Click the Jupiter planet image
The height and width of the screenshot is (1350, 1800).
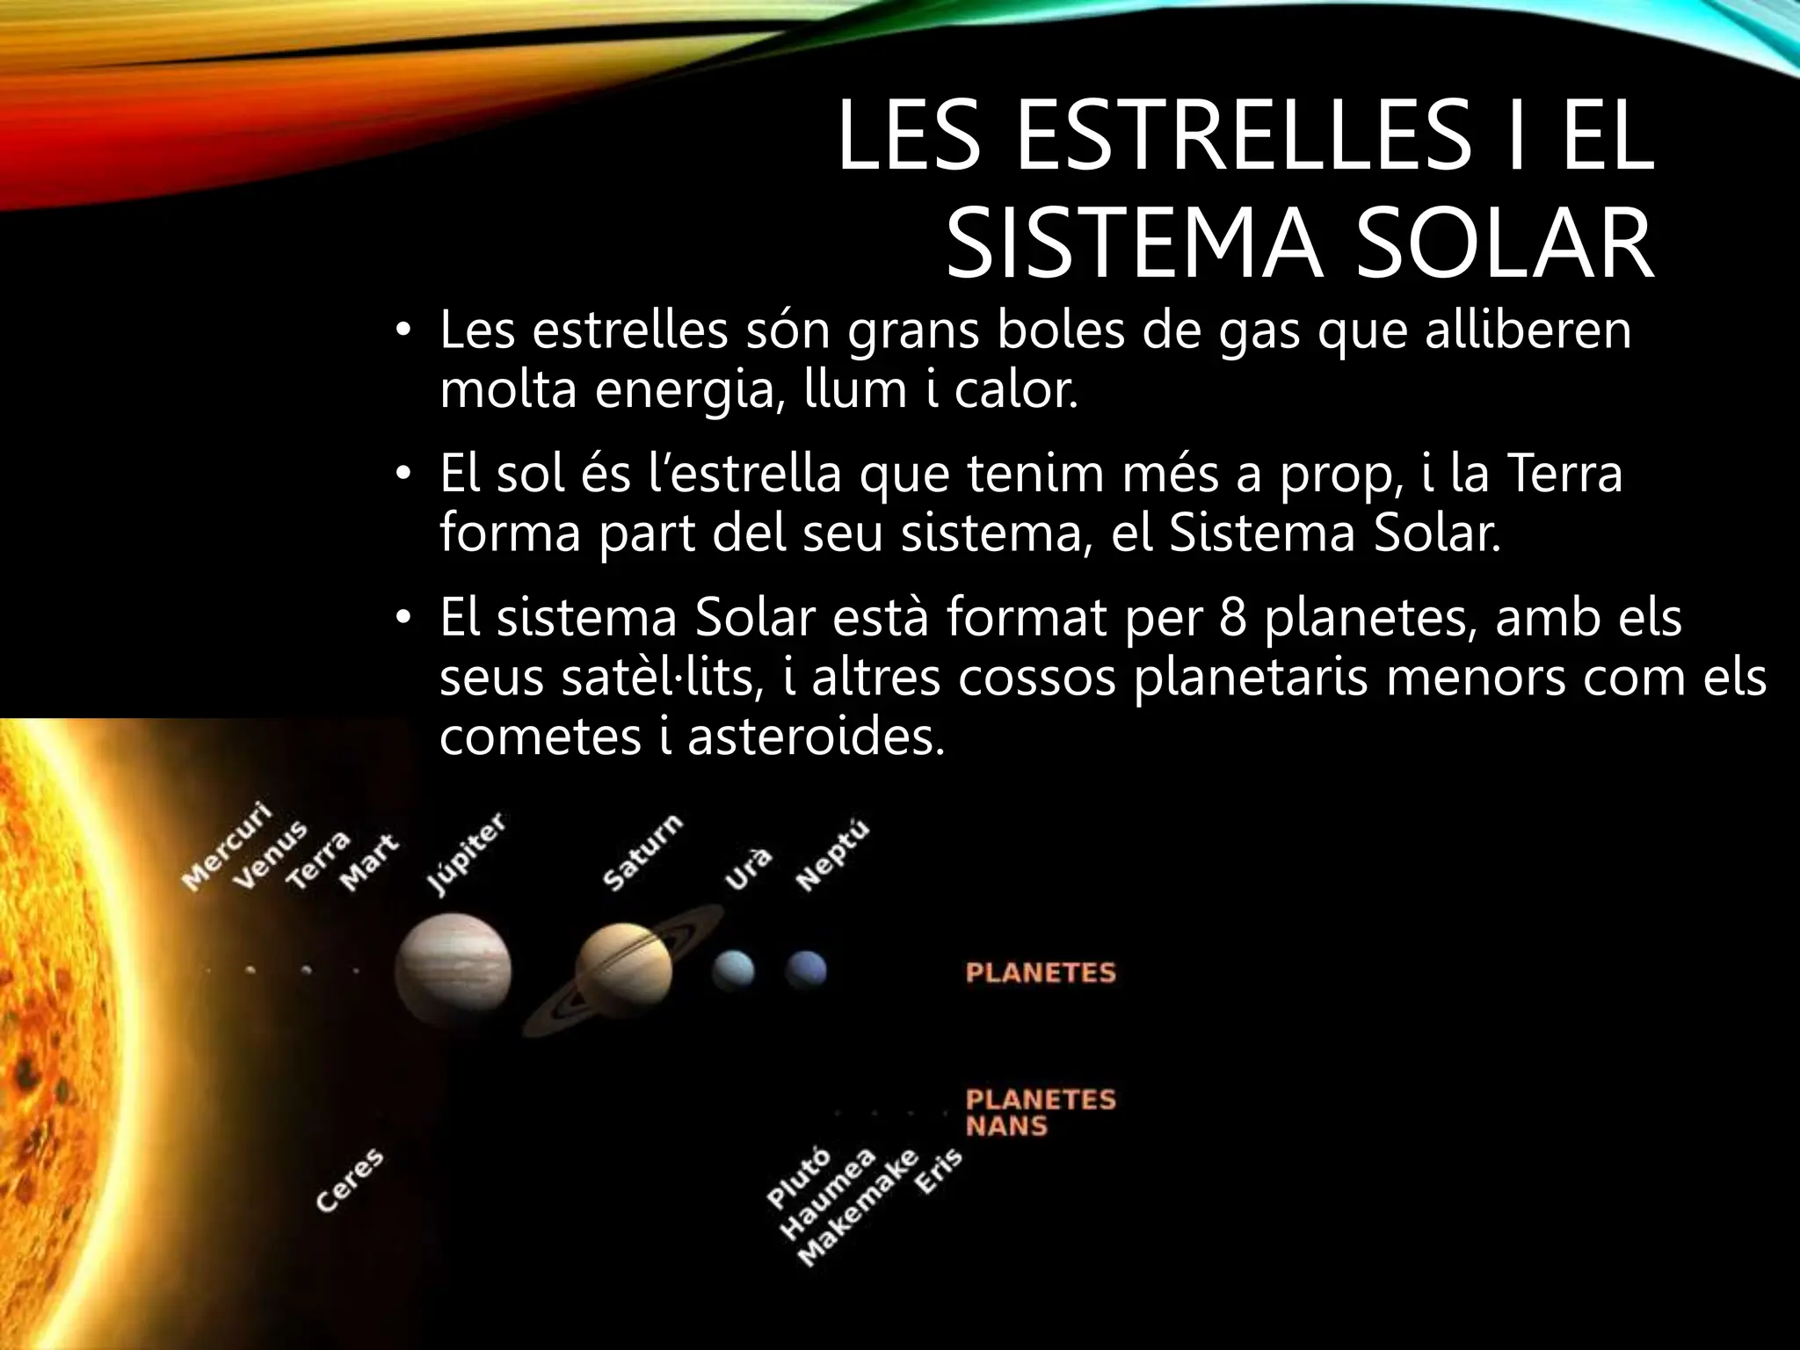click(x=453, y=970)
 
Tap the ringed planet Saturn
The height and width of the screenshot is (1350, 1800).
click(x=623, y=970)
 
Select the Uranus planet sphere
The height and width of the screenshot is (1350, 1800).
click(x=733, y=969)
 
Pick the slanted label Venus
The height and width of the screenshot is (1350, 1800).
click(x=270, y=854)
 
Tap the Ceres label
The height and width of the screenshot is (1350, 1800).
click(x=350, y=1180)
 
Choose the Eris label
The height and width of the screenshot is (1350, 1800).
click(x=939, y=1172)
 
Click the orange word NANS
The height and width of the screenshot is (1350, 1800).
click(x=1006, y=1126)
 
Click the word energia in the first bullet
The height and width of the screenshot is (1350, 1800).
click(x=691, y=389)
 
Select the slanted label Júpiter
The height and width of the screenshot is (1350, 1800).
click(x=467, y=853)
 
